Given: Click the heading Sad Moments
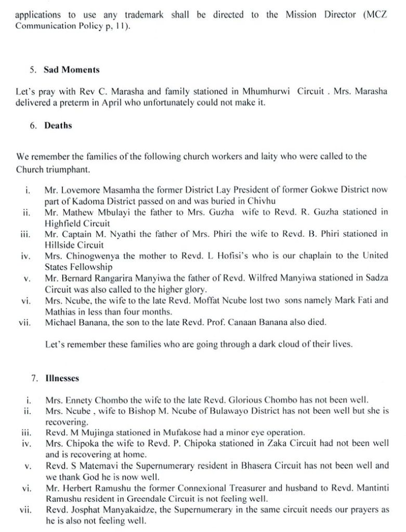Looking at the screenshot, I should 71,69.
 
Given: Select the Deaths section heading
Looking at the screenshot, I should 58,125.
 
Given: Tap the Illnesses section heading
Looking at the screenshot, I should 62,378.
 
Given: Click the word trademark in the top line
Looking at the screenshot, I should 144,15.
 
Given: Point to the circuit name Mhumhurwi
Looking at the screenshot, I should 267,91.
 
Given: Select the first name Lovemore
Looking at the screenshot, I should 82,190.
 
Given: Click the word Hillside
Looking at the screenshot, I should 59,244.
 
